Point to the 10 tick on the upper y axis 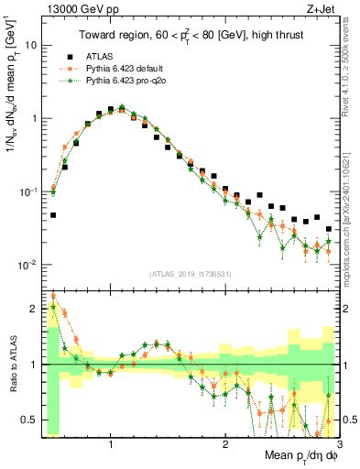[x=31, y=44]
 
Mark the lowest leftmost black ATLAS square [x=53, y=215]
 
